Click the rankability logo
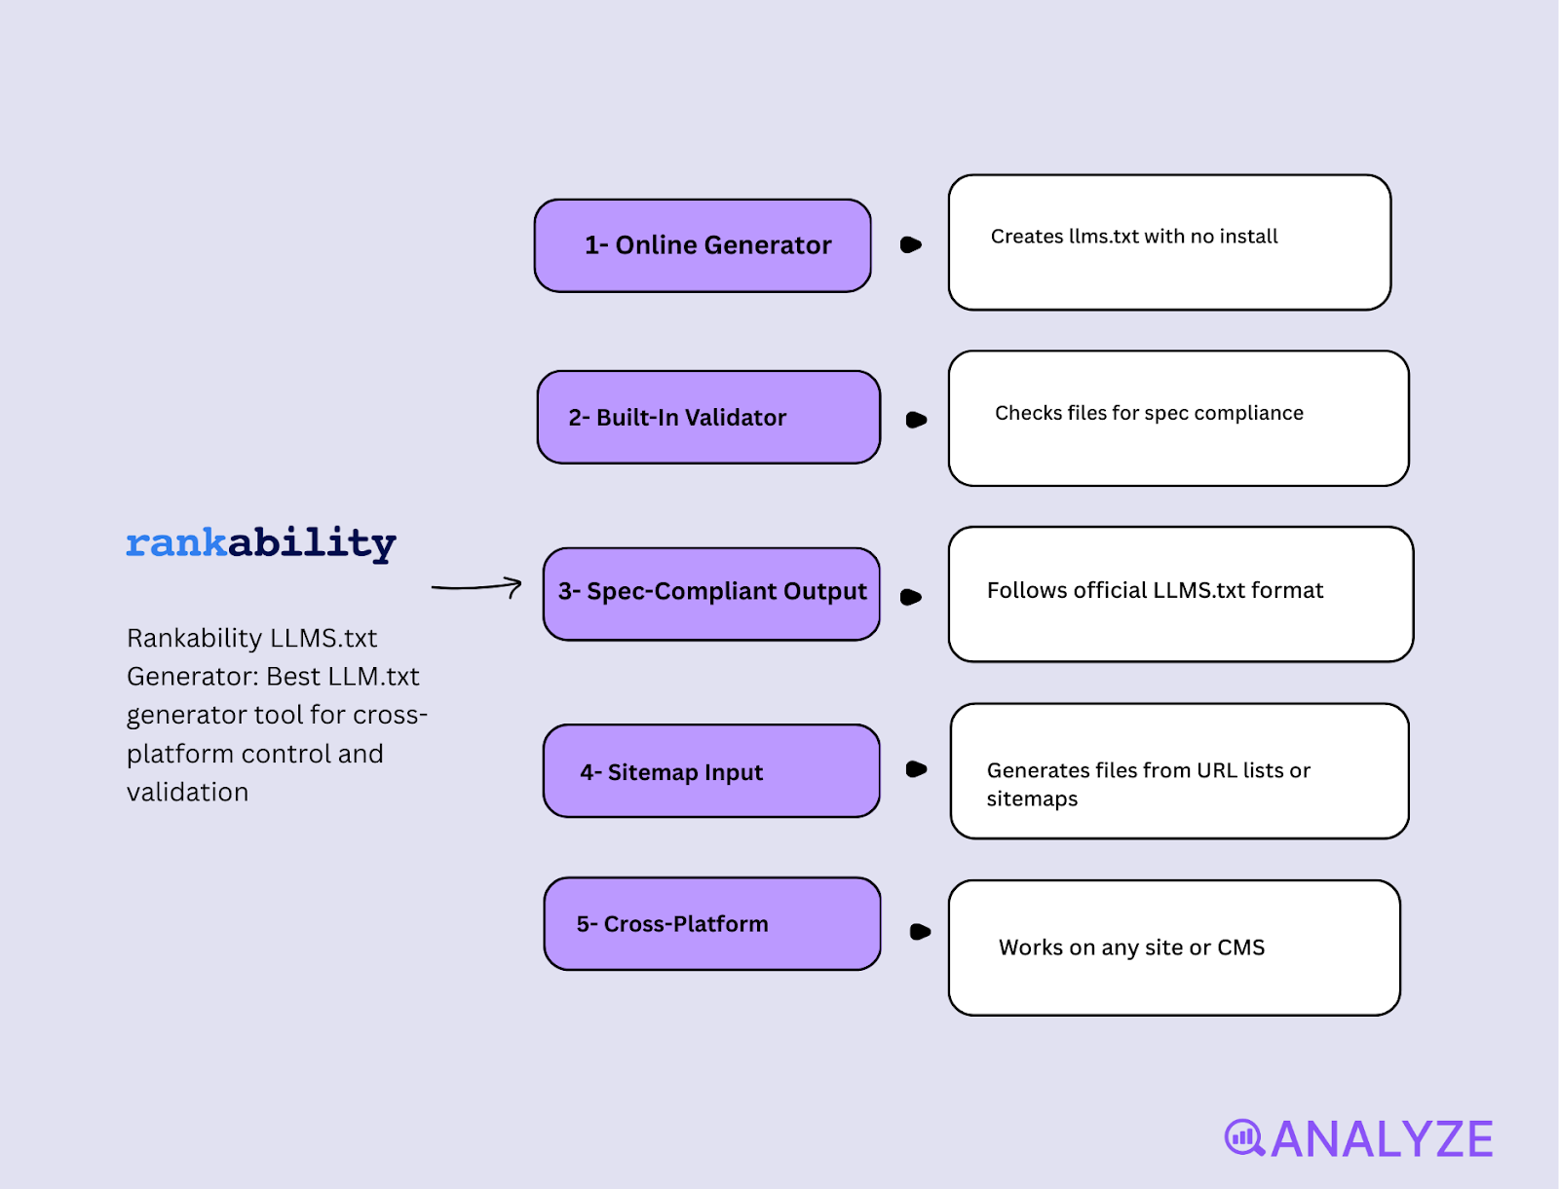[x=261, y=543]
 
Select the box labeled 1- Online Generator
[x=703, y=245]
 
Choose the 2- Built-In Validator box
[x=708, y=417]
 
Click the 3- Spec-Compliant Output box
[x=711, y=593]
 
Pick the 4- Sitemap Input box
[x=711, y=771]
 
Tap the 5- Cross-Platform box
[x=712, y=923]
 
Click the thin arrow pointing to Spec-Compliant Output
[x=476, y=586]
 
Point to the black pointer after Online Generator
[x=911, y=244]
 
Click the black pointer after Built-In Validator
[x=916, y=420]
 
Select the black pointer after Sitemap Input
[x=916, y=769]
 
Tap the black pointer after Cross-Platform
[x=919, y=932]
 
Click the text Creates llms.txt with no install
[x=1134, y=237]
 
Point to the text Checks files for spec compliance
[x=1149, y=413]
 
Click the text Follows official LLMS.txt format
[x=1155, y=590]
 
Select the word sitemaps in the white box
[x=1032, y=799]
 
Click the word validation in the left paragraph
[x=187, y=793]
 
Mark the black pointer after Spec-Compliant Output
[x=911, y=597]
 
